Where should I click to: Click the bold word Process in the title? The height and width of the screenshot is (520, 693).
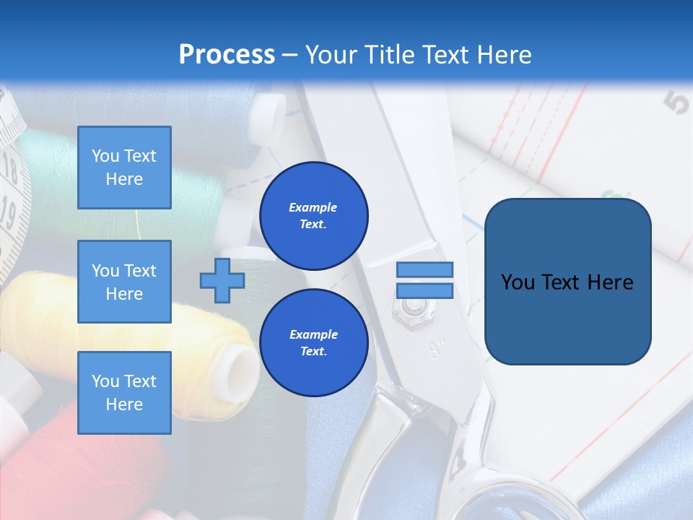pos(227,55)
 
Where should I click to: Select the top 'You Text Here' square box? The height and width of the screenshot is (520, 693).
pos(124,168)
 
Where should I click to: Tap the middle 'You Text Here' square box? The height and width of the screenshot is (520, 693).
pos(124,282)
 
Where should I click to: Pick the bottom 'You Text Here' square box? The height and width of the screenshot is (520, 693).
pos(124,393)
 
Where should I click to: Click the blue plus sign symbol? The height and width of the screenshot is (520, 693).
pos(222,280)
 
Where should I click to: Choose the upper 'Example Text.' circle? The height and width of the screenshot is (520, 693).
pos(313,215)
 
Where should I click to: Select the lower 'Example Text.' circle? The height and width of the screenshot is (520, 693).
pos(313,342)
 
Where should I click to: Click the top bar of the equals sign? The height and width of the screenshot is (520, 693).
pos(424,269)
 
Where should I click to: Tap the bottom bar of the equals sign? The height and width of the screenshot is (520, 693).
pos(424,291)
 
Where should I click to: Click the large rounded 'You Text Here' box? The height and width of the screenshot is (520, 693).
pos(567,282)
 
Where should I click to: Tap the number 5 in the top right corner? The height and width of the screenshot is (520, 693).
pos(676,103)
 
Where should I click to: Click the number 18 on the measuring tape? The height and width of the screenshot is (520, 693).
pos(10,171)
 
